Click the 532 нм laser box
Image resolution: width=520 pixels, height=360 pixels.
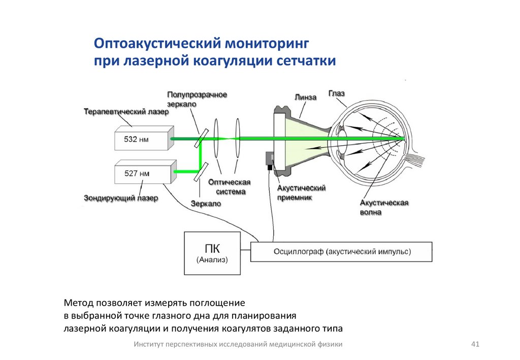pyautogui.click(x=142, y=138)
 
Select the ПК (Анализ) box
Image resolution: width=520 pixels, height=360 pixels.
pyautogui.click(x=212, y=253)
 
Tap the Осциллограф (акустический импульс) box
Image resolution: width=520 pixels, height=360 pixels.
pyautogui.click(x=342, y=251)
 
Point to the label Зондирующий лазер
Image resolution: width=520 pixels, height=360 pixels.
pyautogui.click(x=121, y=198)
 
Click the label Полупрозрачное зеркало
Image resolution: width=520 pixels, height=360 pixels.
pyautogui.click(x=197, y=98)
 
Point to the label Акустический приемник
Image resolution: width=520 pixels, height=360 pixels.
pyautogui.click(x=301, y=192)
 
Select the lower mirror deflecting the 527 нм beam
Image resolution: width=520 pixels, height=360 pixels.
pyautogui.click(x=201, y=171)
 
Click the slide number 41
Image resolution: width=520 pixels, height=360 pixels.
pyautogui.click(x=475, y=344)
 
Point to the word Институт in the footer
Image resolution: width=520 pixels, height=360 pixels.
pyautogui.click(x=150, y=344)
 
